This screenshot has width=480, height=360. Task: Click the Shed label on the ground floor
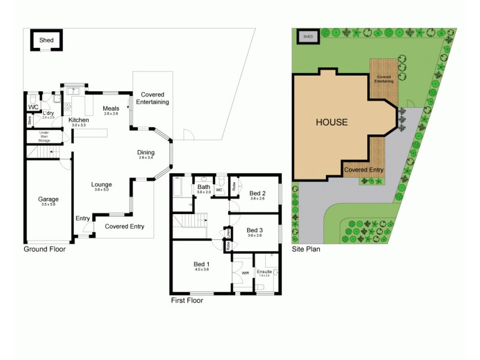point(47,40)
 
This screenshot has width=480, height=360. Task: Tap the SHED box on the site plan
point(308,37)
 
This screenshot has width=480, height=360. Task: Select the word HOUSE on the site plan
point(332,122)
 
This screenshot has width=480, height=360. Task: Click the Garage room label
point(49,199)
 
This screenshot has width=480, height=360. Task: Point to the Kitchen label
point(79,120)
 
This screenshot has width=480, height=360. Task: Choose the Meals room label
point(111,109)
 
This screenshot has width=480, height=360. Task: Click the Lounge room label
point(101,184)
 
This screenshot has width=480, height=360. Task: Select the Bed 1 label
point(202,265)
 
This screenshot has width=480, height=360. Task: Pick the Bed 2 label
point(258,193)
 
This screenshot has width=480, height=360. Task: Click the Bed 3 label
point(255,230)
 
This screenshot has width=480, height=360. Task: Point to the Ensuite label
point(265,272)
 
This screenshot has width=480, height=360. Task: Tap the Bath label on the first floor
point(204,187)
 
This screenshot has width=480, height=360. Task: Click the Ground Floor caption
point(44,249)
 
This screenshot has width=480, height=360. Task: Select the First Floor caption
point(187,301)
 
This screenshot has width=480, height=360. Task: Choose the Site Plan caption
point(306,249)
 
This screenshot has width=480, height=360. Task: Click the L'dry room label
point(48,113)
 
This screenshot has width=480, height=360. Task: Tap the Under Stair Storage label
point(44,137)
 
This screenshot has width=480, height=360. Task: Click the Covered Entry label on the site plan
point(364,170)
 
